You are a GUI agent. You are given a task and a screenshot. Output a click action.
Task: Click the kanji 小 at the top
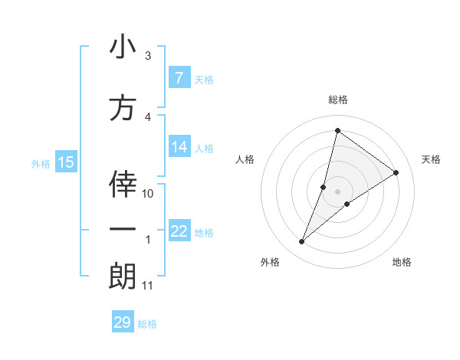pos(123,47)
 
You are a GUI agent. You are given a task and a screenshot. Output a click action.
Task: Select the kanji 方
pos(123,108)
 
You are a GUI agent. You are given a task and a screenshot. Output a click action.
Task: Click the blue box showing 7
pos(179,77)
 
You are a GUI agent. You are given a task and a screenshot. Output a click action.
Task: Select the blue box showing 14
pos(179,148)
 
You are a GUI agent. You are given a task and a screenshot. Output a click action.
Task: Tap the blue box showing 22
pos(179,231)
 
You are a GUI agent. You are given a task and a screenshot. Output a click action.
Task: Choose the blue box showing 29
pos(122,322)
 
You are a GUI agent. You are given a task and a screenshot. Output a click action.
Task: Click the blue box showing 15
pos(66,162)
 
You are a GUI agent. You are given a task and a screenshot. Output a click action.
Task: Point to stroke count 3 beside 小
pos(148,57)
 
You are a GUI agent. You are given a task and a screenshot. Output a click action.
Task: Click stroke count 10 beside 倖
pos(148,194)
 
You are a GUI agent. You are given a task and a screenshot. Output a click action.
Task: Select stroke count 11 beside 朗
pos(147,286)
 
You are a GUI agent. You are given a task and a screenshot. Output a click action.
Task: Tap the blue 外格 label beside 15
pos(40,163)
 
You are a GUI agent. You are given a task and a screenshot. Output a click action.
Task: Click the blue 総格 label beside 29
pos(147,324)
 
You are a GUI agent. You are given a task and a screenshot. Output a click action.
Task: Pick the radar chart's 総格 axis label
pos(337,100)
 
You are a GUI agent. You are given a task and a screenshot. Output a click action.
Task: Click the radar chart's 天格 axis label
pos(432,159)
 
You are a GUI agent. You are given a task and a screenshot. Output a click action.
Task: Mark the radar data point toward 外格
pos(302,242)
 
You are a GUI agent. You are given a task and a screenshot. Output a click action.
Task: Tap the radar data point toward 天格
pos(396,172)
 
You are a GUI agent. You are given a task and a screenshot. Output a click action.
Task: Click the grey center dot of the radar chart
pos(337,191)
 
